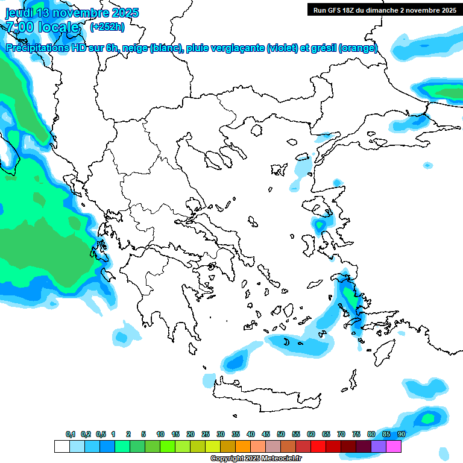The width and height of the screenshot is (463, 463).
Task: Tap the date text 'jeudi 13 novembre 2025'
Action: pos(72,13)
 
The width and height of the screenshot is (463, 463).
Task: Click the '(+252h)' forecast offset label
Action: pos(107,27)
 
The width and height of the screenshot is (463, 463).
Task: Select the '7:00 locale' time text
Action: pos(42,27)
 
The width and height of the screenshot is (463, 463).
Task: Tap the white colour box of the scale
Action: pos(61,447)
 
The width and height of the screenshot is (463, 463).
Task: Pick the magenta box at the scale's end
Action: pos(394,447)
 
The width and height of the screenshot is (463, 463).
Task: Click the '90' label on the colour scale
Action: pos(401,434)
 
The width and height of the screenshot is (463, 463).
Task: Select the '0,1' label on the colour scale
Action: pos(71,434)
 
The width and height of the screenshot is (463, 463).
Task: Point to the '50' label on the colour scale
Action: pos(281,434)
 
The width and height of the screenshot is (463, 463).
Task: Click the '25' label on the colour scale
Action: pos(206,434)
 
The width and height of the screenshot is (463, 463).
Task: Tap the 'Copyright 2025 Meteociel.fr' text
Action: pos(256,459)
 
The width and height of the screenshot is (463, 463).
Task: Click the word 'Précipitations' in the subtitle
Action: pos(40,48)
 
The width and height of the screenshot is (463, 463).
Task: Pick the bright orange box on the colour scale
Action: pos(243,447)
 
